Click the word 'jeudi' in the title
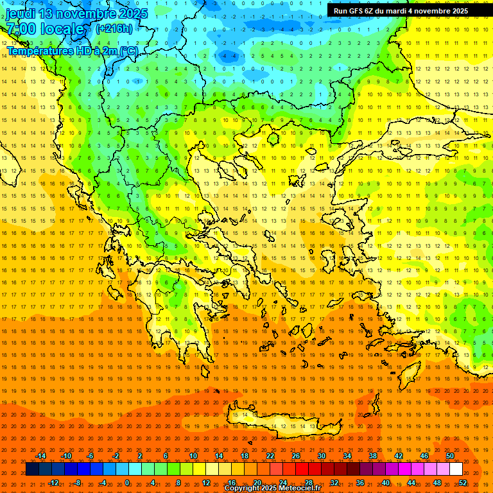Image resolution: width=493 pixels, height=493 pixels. point(21,13)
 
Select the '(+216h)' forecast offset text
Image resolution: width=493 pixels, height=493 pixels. point(114,28)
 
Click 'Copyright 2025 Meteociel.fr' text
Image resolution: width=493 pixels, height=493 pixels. point(272,489)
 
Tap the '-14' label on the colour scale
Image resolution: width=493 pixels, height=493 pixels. point(40,456)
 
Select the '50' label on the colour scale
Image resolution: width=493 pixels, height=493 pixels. point(450,456)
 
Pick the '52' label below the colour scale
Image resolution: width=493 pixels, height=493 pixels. point(463,483)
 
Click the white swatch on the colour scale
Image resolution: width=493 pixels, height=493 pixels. point(456,469)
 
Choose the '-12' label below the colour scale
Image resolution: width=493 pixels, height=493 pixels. point(53,483)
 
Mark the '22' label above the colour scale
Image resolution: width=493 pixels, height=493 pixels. point(270,456)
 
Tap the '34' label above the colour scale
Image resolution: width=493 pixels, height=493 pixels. point(347,456)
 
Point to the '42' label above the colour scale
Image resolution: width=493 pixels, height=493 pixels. point(399,456)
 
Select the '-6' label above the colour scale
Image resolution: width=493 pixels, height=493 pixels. point(91,456)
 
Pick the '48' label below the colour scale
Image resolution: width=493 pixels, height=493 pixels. point(437,483)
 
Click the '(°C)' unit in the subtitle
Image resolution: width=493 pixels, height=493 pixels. point(128,51)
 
